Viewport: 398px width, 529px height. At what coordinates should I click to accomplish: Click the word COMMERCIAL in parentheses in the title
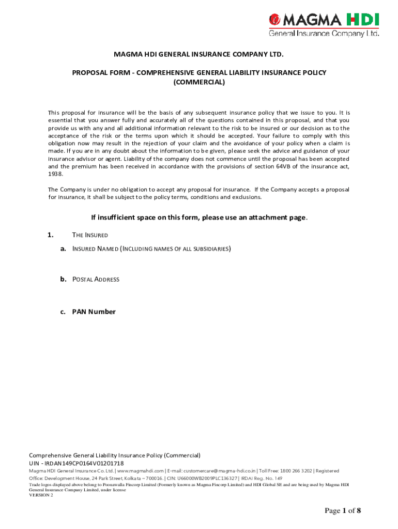tap(199, 82)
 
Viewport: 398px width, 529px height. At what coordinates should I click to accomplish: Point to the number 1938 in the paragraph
tap(55, 174)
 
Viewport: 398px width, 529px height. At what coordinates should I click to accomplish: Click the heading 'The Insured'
tap(90, 235)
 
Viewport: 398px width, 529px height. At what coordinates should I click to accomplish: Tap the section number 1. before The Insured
tap(51, 235)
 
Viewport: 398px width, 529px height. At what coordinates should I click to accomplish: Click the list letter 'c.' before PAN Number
tap(63, 312)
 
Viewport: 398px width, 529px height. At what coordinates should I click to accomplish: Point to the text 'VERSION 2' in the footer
tap(41, 495)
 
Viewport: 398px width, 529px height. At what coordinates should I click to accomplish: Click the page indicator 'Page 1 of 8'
tap(343, 511)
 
